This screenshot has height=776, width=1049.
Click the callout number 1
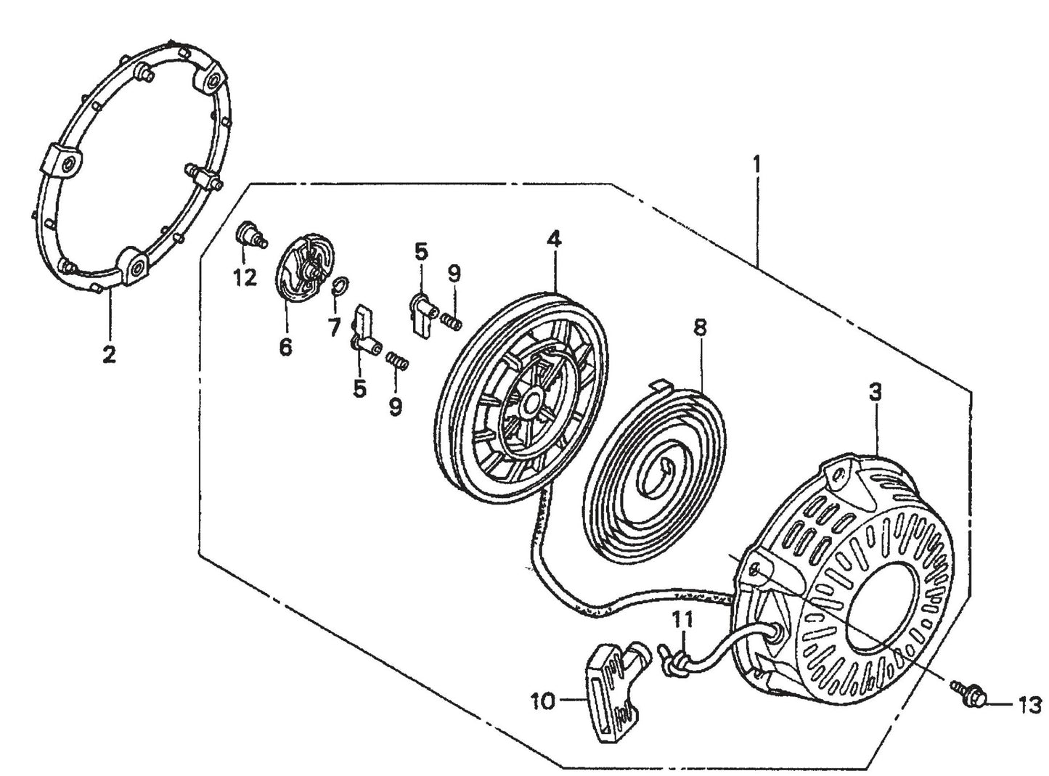(756, 165)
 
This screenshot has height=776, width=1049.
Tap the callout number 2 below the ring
(109, 355)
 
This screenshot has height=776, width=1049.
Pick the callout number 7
(334, 328)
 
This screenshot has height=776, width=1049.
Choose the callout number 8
(700, 327)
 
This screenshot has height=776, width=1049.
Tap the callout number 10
(544, 702)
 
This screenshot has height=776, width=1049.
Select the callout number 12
(245, 277)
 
